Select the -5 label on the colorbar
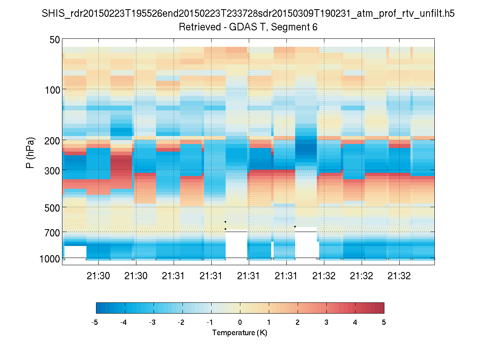95,322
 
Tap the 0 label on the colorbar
240,322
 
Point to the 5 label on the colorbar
384,322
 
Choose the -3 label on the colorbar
152,322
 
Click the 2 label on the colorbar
298,322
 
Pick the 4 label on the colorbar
355,322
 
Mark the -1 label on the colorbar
210,322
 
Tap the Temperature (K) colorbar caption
240,333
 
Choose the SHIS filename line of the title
248,14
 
